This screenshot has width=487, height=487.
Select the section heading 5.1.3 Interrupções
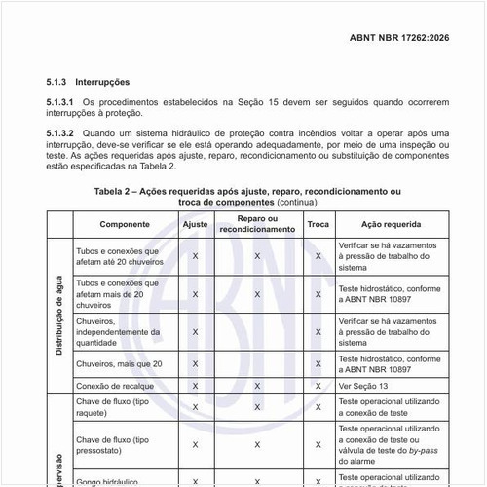88,82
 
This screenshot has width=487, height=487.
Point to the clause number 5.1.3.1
60,101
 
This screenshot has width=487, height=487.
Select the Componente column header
124,224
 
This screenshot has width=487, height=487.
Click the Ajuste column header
196,224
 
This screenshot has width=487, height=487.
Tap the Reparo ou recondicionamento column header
257,224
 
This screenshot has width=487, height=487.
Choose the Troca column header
318,224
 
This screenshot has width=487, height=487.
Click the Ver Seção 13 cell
363,386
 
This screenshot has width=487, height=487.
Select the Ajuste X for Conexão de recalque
196,386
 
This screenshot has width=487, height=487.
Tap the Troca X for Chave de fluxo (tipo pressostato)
318,445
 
